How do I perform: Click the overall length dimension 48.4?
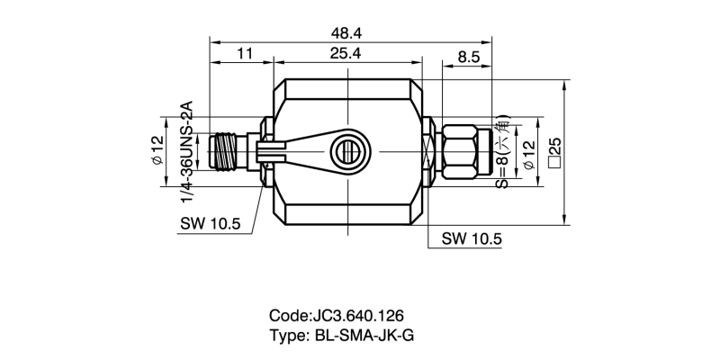pos(350,31)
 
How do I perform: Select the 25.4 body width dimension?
pos(346,54)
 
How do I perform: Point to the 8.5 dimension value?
pos(468,57)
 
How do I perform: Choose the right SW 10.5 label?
pos(472,238)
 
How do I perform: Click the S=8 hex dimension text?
pos(504,150)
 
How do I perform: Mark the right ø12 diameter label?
pos(529,153)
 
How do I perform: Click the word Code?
pos(288,316)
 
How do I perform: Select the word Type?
pos(288,337)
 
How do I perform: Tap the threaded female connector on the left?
pos(230,151)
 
